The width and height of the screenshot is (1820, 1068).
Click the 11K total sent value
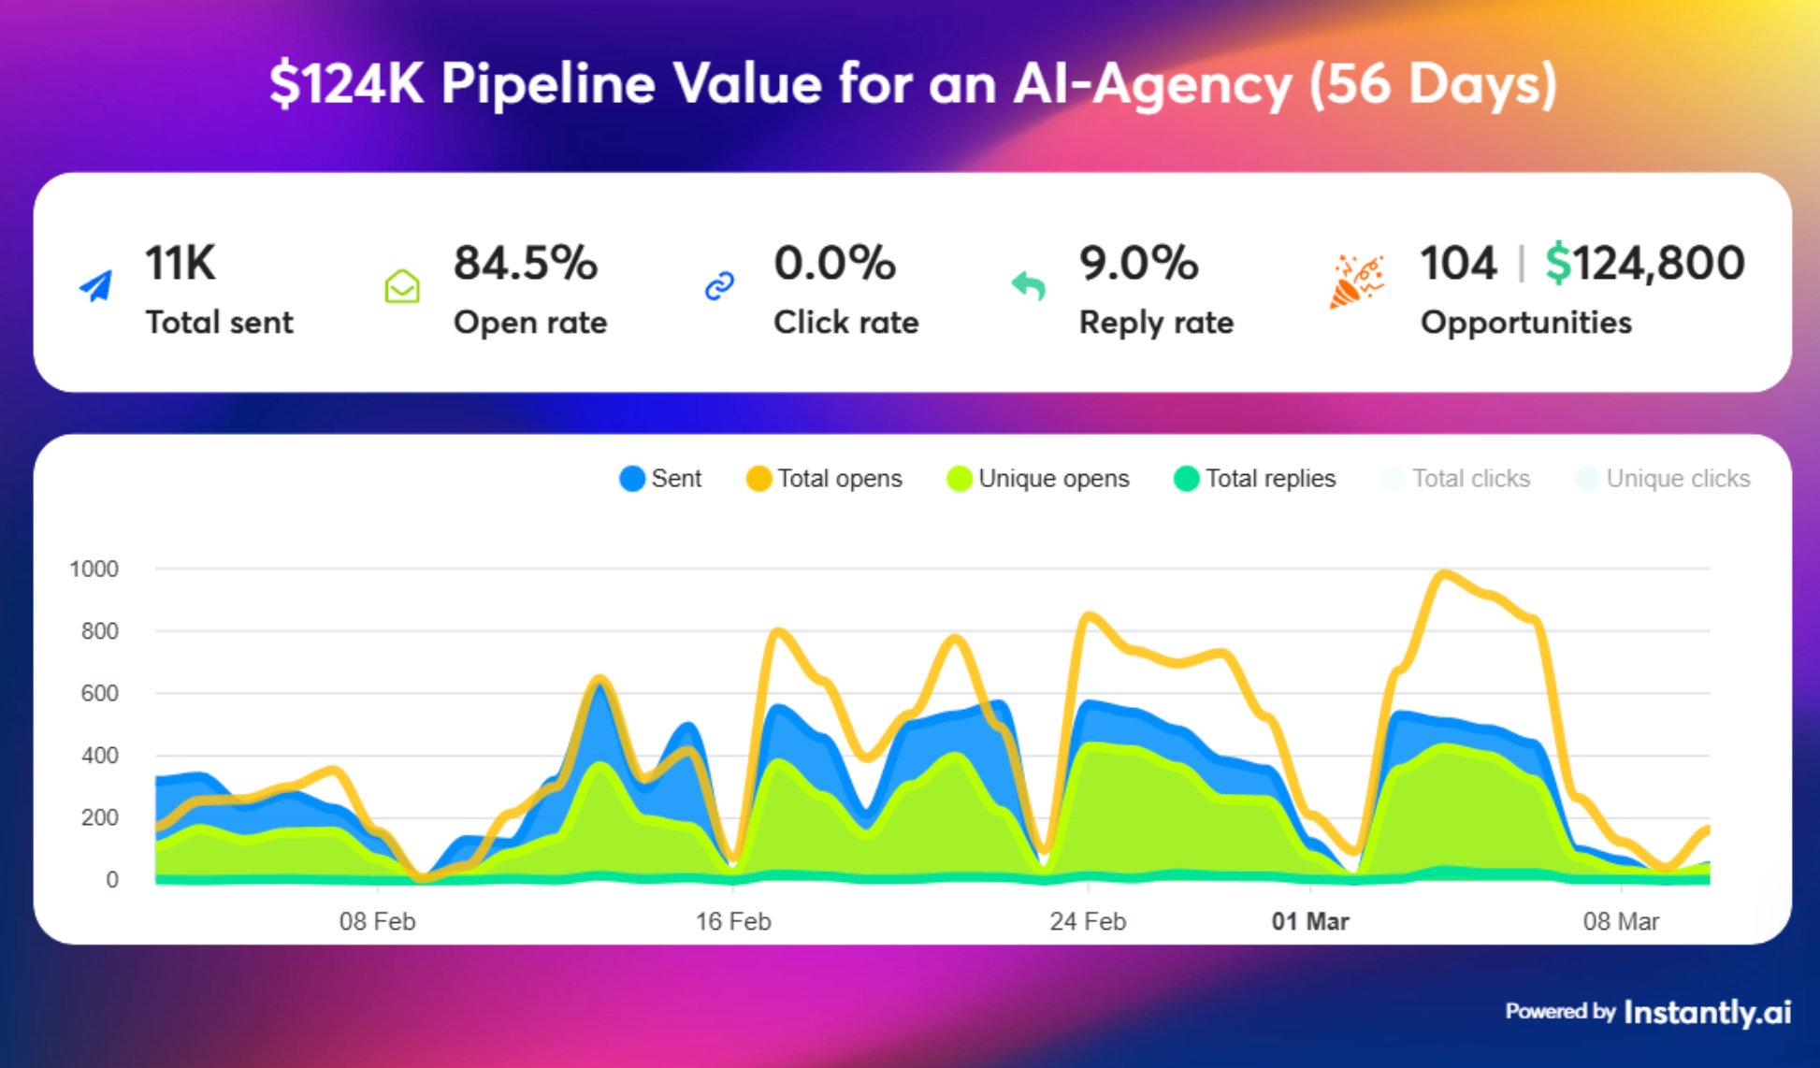click(x=180, y=263)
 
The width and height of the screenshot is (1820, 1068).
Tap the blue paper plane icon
click(x=96, y=286)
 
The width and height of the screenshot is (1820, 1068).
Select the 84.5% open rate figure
click(x=525, y=263)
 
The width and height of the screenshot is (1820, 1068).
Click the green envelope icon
click(x=402, y=286)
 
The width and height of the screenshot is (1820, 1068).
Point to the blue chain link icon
click(x=719, y=286)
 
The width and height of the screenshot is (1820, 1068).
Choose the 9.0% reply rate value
click(x=1137, y=263)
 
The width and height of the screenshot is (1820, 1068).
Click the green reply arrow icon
click(x=1029, y=285)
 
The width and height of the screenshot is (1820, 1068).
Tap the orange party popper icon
click(x=1355, y=281)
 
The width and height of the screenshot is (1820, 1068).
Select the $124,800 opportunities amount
click(x=1644, y=263)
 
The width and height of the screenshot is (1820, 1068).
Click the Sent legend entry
click(x=660, y=479)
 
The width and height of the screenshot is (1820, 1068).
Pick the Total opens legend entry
click(x=824, y=479)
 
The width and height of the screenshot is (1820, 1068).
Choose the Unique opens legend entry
click(x=1038, y=479)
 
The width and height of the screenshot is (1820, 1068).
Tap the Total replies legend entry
click(x=1254, y=479)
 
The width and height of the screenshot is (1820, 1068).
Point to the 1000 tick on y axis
click(x=94, y=569)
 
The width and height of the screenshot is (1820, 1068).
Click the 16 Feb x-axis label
click(x=732, y=922)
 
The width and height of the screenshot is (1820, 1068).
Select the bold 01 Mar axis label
click(x=1309, y=922)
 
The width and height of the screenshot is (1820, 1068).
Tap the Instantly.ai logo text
click(x=1707, y=1012)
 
